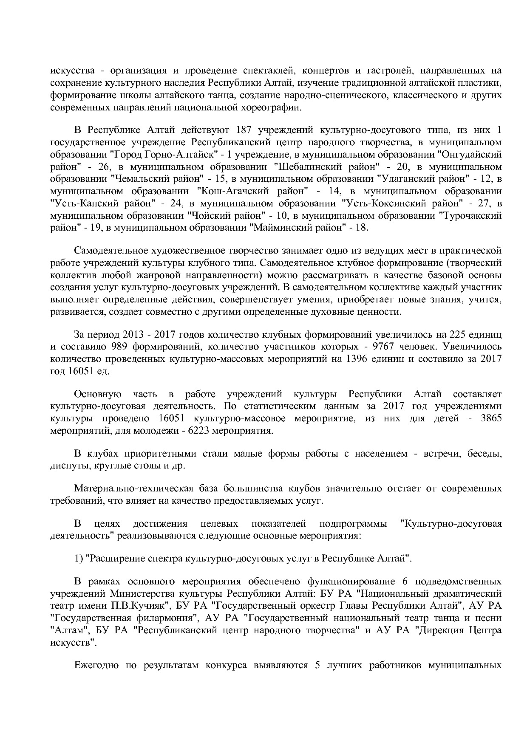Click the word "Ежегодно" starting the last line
pyautogui.click(x=97, y=665)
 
